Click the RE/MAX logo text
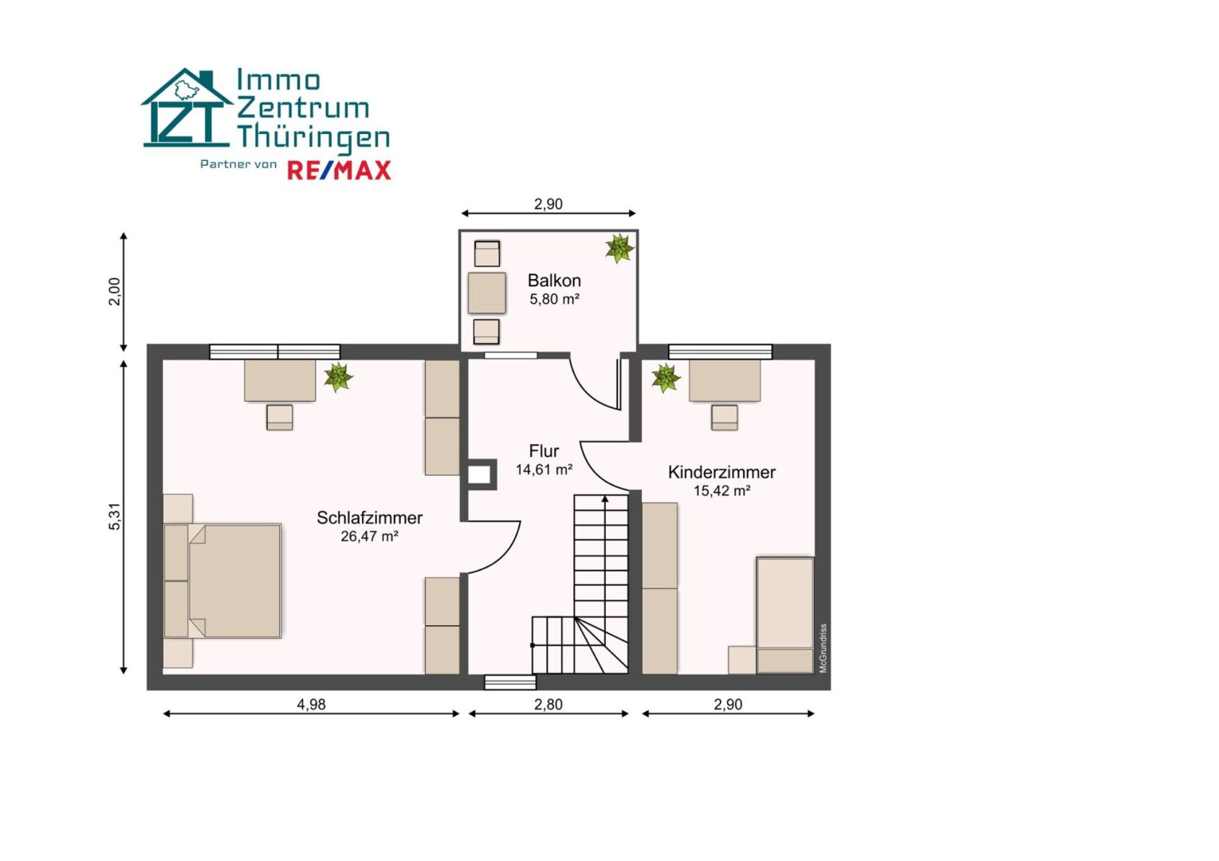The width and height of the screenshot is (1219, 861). [339, 171]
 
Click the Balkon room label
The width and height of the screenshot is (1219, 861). [554, 281]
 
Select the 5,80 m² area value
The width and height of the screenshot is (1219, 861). [554, 299]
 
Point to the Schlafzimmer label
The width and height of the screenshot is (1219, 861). [369, 517]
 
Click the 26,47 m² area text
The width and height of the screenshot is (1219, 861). [369, 536]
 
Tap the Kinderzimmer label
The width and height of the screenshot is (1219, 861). [722, 472]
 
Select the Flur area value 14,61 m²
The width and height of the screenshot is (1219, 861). [544, 469]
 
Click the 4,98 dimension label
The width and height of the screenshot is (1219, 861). [311, 704]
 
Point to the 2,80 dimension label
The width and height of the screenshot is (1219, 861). [548, 704]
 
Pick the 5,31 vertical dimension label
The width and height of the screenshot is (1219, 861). [115, 517]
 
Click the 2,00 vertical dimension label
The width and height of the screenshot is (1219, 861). [115, 292]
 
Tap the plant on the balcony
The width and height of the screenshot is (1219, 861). [619, 248]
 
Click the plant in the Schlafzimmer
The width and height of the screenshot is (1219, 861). [338, 377]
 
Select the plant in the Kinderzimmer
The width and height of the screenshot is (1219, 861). [666, 378]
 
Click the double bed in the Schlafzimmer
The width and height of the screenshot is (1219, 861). [222, 580]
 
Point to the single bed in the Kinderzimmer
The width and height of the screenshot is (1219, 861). [785, 615]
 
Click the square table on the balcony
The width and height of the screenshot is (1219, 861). [486, 293]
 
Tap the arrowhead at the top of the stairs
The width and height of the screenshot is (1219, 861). [604, 498]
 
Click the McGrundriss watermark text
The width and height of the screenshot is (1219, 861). [823, 647]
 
